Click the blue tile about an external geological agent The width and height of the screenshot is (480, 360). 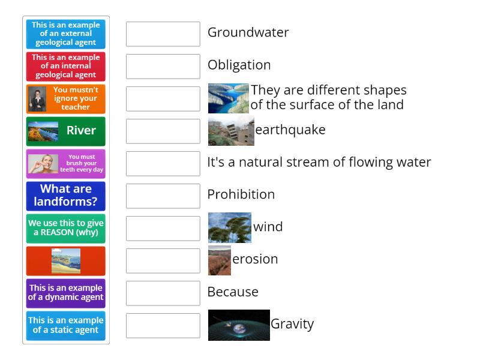point(66,34)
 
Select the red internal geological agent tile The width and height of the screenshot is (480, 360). point(66,67)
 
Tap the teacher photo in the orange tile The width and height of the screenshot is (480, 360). point(37,99)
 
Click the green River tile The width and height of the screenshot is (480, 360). point(66,131)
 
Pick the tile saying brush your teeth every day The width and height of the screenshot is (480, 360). point(66,163)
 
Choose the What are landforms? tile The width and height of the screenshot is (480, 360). point(66,196)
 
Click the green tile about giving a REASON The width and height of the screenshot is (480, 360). point(66,228)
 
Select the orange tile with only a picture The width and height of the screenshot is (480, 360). point(66,260)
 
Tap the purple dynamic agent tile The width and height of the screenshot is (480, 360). point(66,293)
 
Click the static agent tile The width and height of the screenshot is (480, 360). point(66,325)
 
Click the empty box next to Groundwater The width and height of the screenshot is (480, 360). point(163,34)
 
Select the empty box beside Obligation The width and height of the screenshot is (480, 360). point(163,67)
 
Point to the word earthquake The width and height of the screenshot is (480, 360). point(290,130)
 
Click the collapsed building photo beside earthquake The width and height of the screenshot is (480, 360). point(231,131)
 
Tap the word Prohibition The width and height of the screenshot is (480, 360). point(241,194)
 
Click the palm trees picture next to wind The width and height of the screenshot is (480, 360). point(229,227)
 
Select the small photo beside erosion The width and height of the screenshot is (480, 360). point(219,260)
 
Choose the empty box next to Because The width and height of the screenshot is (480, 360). point(163,293)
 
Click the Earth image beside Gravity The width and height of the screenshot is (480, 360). point(238,325)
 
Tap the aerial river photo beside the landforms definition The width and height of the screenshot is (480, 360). point(228,98)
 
